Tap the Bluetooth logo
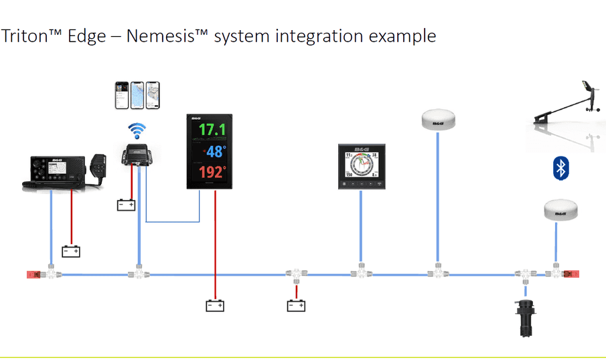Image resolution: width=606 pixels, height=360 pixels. pyautogui.click(x=560, y=168)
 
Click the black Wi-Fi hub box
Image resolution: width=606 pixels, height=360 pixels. pyautogui.click(x=138, y=155)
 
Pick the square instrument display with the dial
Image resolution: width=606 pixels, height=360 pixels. pyautogui.click(x=362, y=167)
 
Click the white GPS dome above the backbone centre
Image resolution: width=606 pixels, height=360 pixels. pyautogui.click(x=438, y=120)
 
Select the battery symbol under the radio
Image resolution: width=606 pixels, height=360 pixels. pyautogui.click(x=71, y=252)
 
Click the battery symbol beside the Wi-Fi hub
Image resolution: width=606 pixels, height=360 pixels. pyautogui.click(x=126, y=205)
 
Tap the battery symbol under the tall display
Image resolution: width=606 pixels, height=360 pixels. pyautogui.click(x=214, y=306)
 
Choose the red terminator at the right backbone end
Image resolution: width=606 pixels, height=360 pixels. pyautogui.click(x=573, y=274)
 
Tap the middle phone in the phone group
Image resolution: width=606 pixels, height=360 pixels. pyautogui.click(x=137, y=96)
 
